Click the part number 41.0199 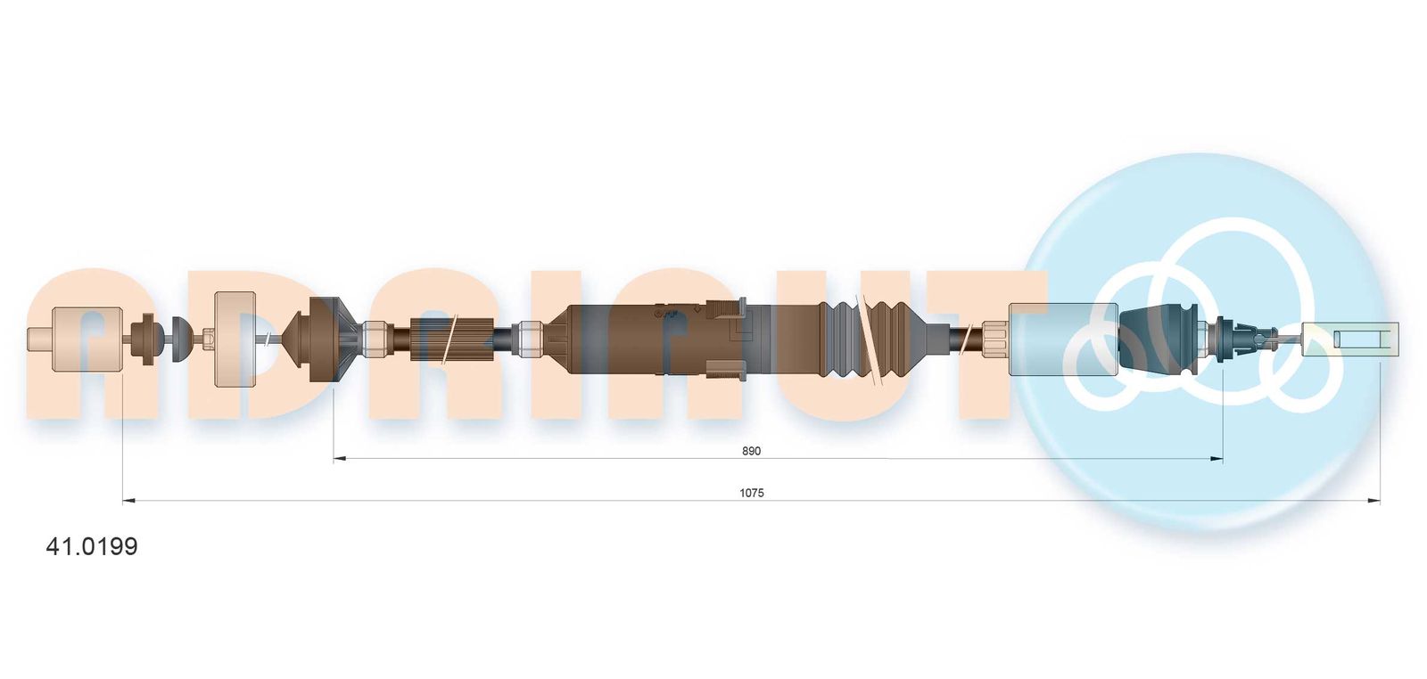92,546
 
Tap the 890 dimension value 751,451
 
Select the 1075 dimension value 752,493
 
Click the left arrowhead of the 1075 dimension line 128,502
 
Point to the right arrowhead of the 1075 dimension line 1373,502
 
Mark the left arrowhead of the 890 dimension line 340,458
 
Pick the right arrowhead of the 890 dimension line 1217,458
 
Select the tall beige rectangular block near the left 235,339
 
